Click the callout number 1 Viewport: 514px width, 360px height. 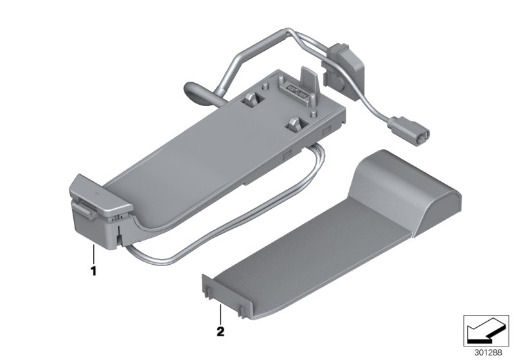pos(93,271)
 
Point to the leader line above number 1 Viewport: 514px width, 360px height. pos(94,255)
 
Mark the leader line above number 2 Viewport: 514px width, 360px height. pos(220,314)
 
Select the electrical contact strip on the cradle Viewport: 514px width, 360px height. pos(295,89)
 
